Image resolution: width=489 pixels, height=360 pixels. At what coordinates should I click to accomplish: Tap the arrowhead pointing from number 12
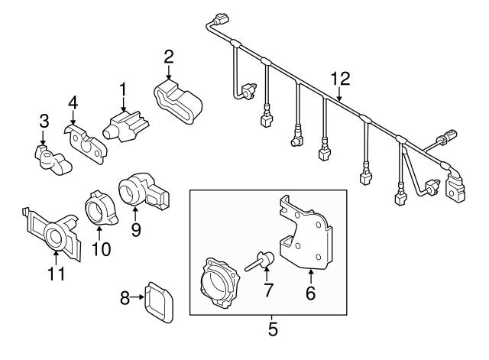[339, 100]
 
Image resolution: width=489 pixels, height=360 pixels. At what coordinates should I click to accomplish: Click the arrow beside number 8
[140, 299]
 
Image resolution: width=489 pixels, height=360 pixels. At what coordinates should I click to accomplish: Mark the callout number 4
[73, 102]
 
